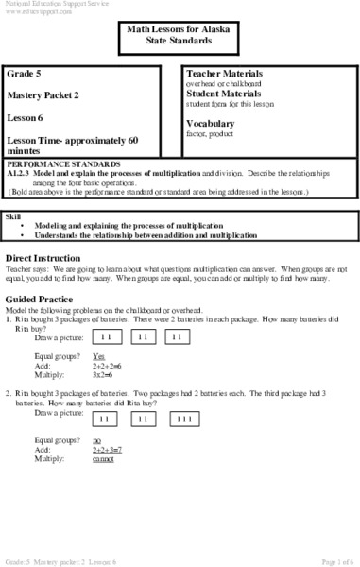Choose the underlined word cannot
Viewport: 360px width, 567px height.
coord(103,460)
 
